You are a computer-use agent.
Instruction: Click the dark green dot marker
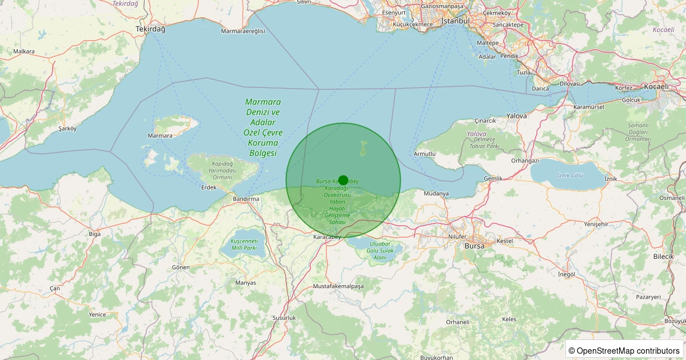click(x=343, y=180)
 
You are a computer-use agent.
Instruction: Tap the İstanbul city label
click(x=456, y=21)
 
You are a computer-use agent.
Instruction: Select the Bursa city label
click(x=474, y=246)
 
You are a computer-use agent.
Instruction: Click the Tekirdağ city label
click(x=150, y=29)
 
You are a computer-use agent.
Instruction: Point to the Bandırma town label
click(x=246, y=199)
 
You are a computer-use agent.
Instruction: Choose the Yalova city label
click(x=517, y=115)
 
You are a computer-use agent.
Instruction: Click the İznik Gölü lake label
click(x=570, y=175)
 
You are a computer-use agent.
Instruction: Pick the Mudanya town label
click(x=436, y=194)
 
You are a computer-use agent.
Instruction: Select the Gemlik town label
click(x=493, y=178)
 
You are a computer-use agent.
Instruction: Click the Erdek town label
click(x=209, y=187)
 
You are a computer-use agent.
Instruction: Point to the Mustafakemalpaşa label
click(x=338, y=286)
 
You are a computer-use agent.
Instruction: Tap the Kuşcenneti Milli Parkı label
click(x=244, y=244)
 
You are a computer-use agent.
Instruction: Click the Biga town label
click(x=95, y=234)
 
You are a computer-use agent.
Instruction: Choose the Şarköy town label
click(x=67, y=129)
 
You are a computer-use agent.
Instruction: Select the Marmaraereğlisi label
click(x=243, y=31)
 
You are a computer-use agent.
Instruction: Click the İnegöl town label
click(x=567, y=274)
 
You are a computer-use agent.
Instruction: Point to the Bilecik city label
click(x=664, y=257)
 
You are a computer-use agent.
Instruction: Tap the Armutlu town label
click(x=425, y=154)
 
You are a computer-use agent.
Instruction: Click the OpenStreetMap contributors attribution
click(x=625, y=350)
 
